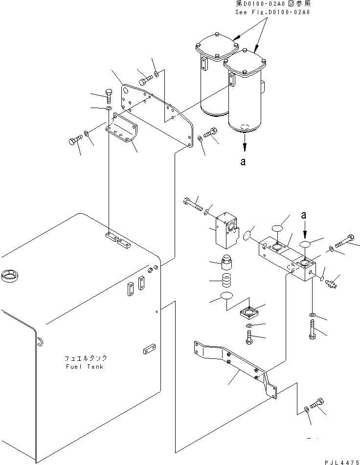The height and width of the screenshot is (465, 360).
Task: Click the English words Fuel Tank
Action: [85, 367]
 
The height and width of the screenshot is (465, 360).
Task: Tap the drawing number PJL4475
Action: [342, 462]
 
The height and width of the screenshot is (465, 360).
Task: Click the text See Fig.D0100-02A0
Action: [272, 12]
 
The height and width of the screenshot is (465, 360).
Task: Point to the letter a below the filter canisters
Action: [243, 162]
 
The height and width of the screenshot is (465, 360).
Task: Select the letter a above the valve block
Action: [303, 215]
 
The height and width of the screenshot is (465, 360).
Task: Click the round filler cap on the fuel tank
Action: [10, 276]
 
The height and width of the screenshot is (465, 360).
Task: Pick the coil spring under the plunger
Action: [227, 280]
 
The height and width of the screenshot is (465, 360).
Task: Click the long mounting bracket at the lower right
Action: [236, 369]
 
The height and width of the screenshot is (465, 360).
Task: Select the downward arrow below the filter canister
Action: [245, 142]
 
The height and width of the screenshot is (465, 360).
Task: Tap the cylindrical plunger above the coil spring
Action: [226, 261]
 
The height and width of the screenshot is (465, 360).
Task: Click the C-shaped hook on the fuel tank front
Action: [41, 342]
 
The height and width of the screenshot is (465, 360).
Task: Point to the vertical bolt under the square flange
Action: [249, 338]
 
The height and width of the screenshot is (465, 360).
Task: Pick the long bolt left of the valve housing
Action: [193, 204]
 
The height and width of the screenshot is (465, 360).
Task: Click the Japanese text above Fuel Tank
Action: [86, 358]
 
